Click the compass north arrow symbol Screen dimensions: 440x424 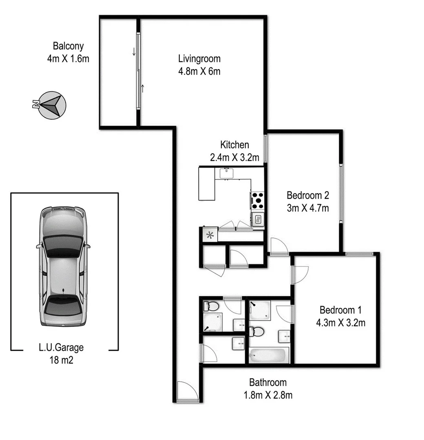52,105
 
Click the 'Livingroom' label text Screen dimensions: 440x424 199,59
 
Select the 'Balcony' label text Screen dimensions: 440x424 68,46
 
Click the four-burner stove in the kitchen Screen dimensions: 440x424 258,200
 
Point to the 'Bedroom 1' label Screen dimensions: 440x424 340,310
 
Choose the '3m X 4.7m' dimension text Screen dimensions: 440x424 307,208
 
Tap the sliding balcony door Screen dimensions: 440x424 139,70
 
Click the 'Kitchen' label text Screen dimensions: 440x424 234,144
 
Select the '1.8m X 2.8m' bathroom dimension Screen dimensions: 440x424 268,395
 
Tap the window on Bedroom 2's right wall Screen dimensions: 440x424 342,193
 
